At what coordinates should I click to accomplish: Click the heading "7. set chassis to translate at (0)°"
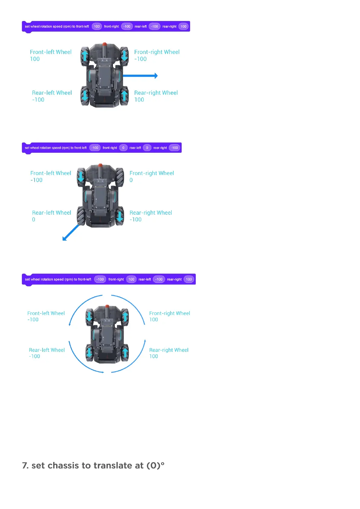[93, 465]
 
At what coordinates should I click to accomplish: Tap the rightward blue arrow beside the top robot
[140, 76]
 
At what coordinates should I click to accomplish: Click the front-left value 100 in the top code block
[97, 27]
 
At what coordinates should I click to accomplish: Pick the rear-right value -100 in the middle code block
[174, 148]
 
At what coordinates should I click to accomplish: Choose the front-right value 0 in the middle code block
[123, 148]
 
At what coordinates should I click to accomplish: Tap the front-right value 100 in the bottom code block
[131, 279]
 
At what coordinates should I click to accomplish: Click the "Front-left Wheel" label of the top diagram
[51, 52]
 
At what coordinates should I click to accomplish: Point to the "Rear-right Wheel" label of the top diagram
[156, 93]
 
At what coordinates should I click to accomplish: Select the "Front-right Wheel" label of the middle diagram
[152, 173]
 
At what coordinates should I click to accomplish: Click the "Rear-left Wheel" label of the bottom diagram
[47, 350]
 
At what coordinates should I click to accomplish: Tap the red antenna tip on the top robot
[105, 44]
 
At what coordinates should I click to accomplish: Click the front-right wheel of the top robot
[124, 55]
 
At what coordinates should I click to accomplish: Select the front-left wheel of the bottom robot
[89, 316]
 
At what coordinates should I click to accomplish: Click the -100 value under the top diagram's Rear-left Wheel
[38, 100]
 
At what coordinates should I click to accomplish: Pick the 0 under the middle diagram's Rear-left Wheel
[34, 220]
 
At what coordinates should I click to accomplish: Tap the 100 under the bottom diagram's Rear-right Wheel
[154, 356]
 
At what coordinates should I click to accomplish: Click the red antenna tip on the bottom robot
[107, 306]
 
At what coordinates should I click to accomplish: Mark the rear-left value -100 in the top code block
[154, 27]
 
